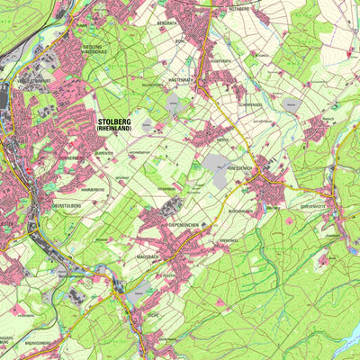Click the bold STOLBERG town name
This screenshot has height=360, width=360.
[x=117, y=121]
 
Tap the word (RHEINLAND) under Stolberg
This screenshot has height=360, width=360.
[x=117, y=130]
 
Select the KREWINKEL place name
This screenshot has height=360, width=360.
[x=229, y=241]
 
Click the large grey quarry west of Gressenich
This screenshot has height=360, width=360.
[x=218, y=165]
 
